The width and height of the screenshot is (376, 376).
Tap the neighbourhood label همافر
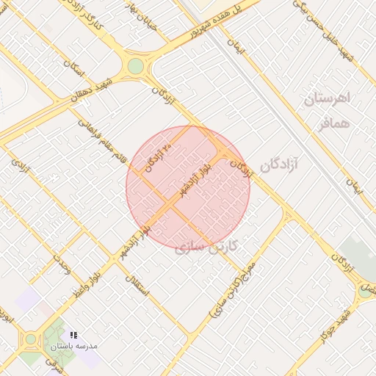pos(332,123)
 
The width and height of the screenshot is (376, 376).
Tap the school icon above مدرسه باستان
pos(73,335)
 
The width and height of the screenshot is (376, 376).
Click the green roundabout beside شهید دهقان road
pos(135,66)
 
